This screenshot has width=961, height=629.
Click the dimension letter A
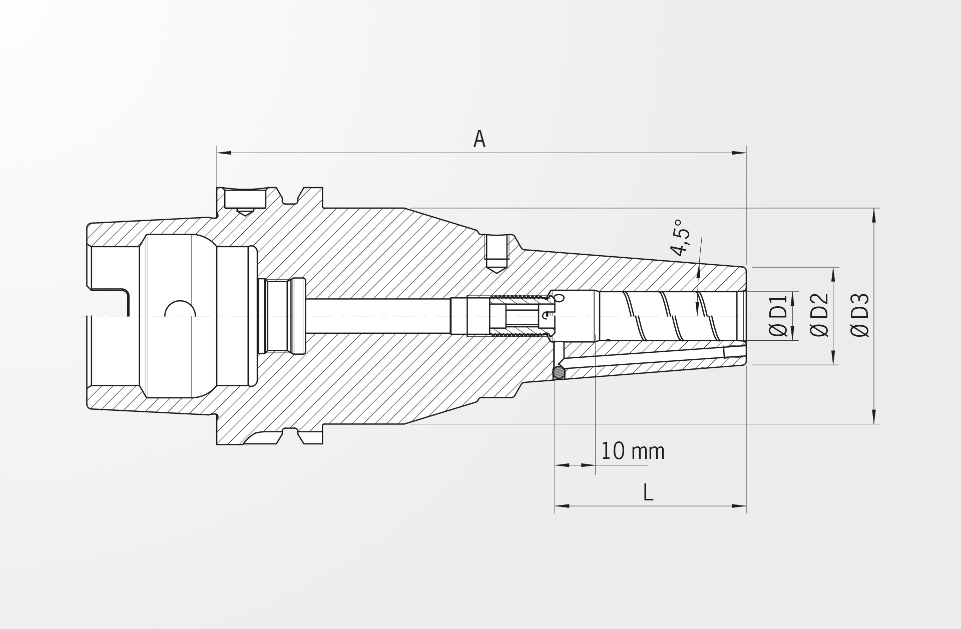pyautogui.click(x=479, y=139)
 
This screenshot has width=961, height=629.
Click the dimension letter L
pyautogui.click(x=648, y=493)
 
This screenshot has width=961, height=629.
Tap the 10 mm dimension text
pyautogui.click(x=633, y=451)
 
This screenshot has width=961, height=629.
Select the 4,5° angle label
pyautogui.click(x=681, y=237)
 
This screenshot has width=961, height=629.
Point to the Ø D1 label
pyautogui.click(x=779, y=316)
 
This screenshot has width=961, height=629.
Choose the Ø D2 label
pyautogui.click(x=820, y=315)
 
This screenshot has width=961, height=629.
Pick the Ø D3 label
pyautogui.click(x=860, y=315)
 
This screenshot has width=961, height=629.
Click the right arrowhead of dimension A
pyautogui.click(x=739, y=153)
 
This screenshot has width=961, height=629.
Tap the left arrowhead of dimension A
pyautogui.click(x=224, y=153)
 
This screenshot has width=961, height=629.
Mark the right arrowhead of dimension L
pyautogui.click(x=739, y=506)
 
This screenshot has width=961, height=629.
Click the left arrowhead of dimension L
pyautogui.click(x=562, y=506)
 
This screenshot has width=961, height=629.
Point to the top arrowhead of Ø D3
pyautogui.click(x=874, y=215)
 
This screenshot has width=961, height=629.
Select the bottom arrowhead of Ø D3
pyautogui.click(x=874, y=416)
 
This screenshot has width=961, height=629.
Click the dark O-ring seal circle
pyautogui.click(x=558, y=372)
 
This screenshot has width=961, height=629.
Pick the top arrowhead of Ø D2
pyautogui.click(x=834, y=274)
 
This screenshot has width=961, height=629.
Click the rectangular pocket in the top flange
pyautogui.click(x=245, y=199)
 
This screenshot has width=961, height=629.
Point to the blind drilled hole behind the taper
pyautogui.click(x=498, y=253)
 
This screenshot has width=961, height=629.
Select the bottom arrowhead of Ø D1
pyautogui.click(x=793, y=333)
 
